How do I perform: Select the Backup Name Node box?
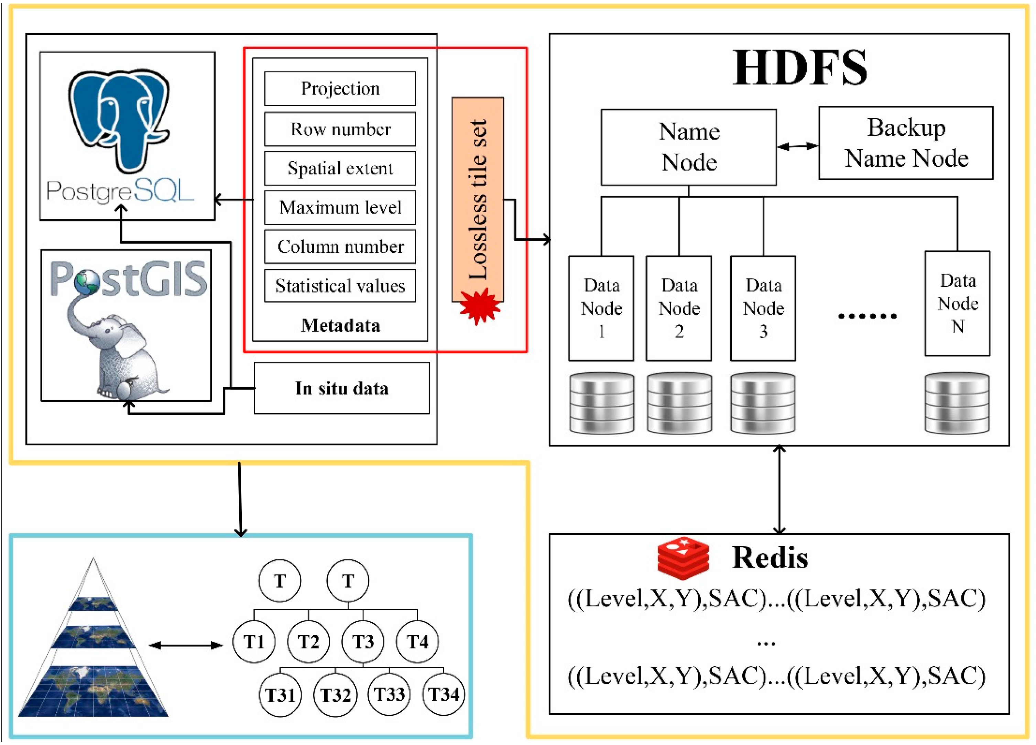(905, 143)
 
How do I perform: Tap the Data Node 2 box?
(678, 308)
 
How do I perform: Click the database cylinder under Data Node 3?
(762, 403)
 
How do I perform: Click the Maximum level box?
(340, 207)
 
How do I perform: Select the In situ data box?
(342, 388)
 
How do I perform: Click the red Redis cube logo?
(683, 558)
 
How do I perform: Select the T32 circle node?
(335, 695)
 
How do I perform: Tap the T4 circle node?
(417, 642)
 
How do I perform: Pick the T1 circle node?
(254, 642)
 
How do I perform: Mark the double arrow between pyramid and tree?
(186, 645)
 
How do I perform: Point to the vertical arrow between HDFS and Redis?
(779, 490)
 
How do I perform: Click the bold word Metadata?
(340, 326)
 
